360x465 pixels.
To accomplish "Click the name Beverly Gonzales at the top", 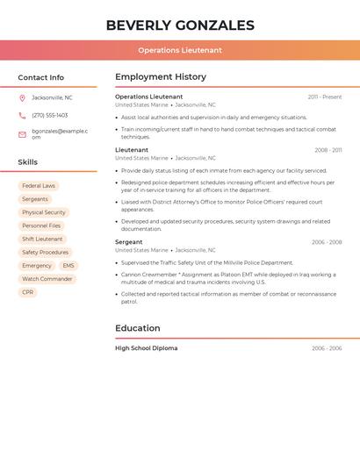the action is point(180,25).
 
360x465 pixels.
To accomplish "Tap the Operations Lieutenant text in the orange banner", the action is point(180,50).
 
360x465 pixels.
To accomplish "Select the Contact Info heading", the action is point(41,77).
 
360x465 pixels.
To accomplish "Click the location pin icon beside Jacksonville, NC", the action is point(22,98).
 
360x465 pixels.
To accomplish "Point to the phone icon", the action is point(22,116).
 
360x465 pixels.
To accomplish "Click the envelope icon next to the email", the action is point(22,134).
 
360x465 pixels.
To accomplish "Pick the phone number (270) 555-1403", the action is point(50,116).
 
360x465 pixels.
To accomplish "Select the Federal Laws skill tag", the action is point(39,186).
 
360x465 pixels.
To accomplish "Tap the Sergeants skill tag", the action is point(35,199).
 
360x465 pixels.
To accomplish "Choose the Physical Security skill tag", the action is point(44,212).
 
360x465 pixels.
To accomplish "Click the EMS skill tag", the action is point(68,266).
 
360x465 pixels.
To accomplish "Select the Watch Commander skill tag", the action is point(47,279).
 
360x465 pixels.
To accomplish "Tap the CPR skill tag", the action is point(28,292).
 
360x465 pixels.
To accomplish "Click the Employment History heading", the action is point(161,77).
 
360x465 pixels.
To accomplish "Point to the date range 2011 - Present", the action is point(325,97).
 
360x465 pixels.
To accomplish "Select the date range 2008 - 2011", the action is point(328,150).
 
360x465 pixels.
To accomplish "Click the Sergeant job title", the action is point(129,242).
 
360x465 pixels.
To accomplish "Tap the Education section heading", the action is point(138,328).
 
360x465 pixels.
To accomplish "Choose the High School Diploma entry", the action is point(147,348).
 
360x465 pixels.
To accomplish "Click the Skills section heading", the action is point(28,162).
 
